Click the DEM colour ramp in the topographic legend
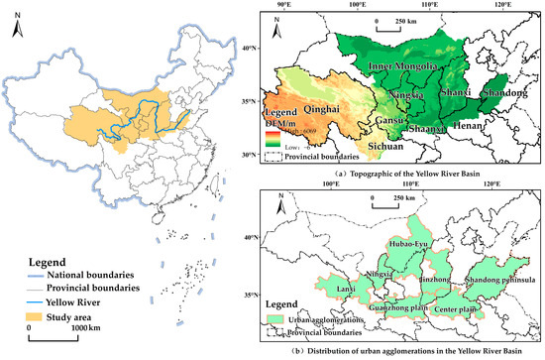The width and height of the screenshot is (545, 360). (x=269, y=134)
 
